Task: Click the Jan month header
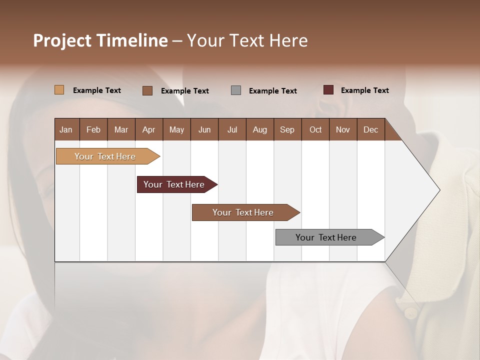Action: tap(66, 129)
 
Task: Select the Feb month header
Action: tap(93, 129)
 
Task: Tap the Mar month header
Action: tap(121, 129)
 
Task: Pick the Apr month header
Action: tap(149, 129)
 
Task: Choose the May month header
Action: tap(176, 129)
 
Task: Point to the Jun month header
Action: tap(204, 129)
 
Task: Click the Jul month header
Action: tap(232, 129)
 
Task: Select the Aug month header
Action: tap(260, 129)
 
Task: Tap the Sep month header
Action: tap(287, 129)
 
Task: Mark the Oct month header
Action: tap(315, 129)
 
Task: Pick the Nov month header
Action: tap(343, 129)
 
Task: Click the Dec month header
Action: tap(371, 129)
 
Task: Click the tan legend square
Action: tap(59, 90)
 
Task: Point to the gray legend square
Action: tap(236, 90)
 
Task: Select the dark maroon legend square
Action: tap(328, 90)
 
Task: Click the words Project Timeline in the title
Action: tap(100, 40)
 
